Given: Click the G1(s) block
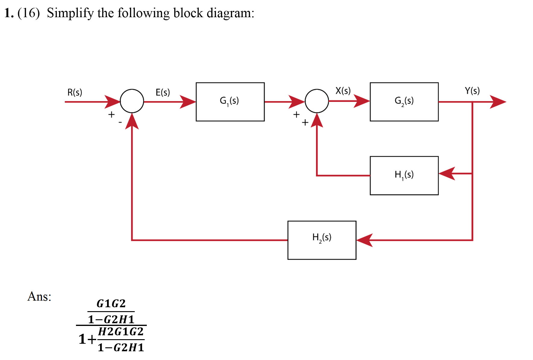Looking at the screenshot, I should click(x=230, y=102).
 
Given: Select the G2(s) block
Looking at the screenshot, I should click(x=404, y=102).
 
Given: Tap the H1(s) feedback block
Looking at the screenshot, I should click(x=404, y=175).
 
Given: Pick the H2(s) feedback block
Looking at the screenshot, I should click(x=322, y=240).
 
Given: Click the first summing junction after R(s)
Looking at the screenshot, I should click(x=132, y=101).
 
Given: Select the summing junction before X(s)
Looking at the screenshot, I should click(x=317, y=101).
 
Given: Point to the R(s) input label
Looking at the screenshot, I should click(x=74, y=92).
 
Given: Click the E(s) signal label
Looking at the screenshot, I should click(x=162, y=92).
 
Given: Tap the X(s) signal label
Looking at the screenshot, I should click(x=343, y=91).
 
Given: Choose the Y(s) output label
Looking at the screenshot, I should click(x=472, y=91).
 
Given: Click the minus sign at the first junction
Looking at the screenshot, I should click(x=120, y=122).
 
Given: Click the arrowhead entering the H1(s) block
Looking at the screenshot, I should click(x=447, y=174).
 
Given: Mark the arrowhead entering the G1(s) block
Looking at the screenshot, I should click(x=188, y=102).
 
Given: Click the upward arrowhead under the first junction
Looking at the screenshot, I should click(x=132, y=122).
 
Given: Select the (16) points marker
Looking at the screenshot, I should click(x=29, y=13).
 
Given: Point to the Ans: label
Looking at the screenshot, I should click(x=39, y=296).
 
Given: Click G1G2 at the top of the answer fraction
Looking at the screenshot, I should click(x=111, y=303).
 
